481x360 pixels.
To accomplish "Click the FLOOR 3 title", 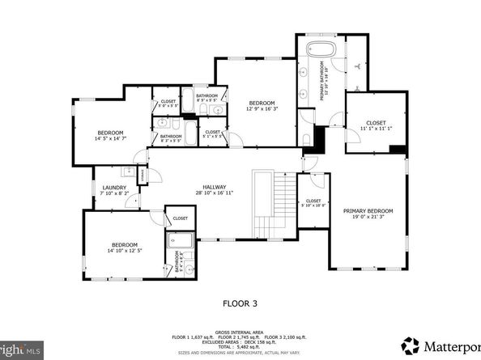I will [x=240, y=304].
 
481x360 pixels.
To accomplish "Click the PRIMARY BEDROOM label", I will [x=368, y=211].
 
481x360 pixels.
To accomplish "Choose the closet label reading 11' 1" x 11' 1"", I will [x=375, y=129].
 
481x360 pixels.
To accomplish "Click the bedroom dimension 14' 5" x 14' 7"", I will [x=110, y=138].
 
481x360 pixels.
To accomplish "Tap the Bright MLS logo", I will [x=19, y=351].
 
